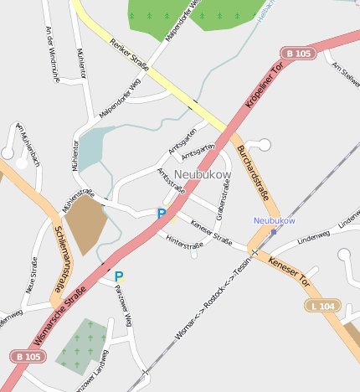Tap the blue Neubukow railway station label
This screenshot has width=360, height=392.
[x=275, y=220]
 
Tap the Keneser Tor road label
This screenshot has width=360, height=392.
[x=289, y=271]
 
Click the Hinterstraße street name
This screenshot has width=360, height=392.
[x=185, y=244]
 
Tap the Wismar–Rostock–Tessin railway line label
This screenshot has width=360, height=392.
[x=213, y=293]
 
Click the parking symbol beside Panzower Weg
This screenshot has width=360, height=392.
[x=119, y=276]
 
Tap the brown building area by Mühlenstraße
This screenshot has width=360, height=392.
[x=85, y=224]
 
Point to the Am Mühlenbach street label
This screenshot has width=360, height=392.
[x=28, y=143]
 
